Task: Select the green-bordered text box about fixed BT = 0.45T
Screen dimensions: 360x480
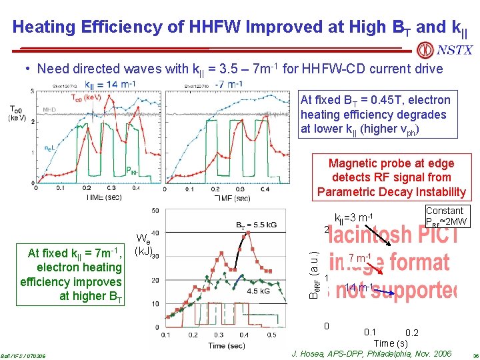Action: click(x=375, y=114)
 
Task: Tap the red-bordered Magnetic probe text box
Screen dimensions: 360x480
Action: click(x=391, y=177)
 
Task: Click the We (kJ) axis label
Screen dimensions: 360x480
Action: click(x=145, y=245)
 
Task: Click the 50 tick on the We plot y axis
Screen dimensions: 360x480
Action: click(x=155, y=211)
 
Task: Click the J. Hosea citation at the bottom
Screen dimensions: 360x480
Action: click(x=371, y=353)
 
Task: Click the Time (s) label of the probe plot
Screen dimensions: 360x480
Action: click(x=391, y=343)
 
